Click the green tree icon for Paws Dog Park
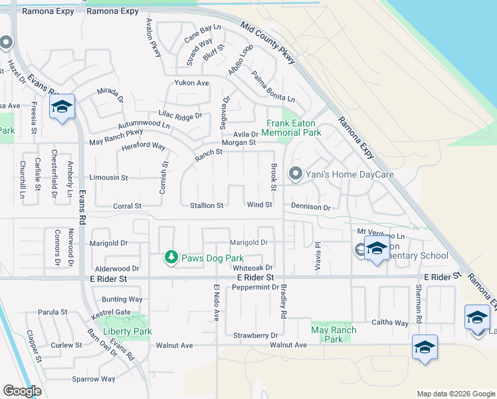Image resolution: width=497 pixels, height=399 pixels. [x=171, y=257]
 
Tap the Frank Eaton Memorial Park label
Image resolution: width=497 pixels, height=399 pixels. [x=294, y=128]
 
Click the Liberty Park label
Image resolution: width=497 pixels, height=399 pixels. [x=127, y=331]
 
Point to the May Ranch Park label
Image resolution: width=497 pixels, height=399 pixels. [x=334, y=334]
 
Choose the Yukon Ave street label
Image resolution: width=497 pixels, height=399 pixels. [x=191, y=83]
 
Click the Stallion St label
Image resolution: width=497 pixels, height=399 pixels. [x=207, y=206]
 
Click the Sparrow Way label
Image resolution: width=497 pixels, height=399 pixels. [x=94, y=379]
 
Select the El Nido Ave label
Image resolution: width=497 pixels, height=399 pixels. [x=216, y=303]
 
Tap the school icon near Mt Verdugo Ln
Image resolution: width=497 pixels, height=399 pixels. [x=377, y=249]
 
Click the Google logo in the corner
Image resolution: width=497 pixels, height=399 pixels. [x=22, y=391]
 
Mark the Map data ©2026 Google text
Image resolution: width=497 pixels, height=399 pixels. [x=455, y=394]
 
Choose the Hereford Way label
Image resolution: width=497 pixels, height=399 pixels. [x=143, y=146]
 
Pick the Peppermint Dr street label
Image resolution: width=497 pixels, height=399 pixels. [x=255, y=287]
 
